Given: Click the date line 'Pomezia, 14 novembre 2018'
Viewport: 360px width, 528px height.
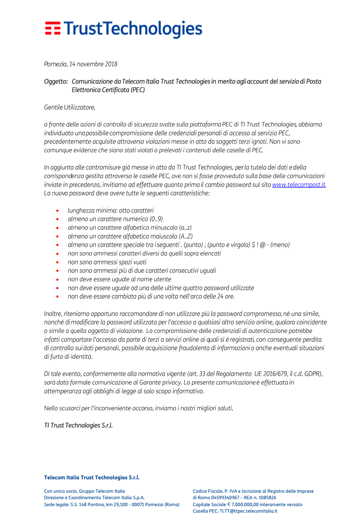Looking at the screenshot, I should click(80, 64).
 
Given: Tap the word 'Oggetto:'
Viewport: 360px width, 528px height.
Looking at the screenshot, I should click(56, 81).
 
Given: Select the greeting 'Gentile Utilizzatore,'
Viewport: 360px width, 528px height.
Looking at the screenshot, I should click(69, 107).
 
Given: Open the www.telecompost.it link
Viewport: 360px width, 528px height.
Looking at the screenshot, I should click(299, 184).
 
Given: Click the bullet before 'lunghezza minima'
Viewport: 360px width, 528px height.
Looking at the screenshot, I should click(58, 210).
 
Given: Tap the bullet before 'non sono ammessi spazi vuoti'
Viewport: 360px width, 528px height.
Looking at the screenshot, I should click(58, 262).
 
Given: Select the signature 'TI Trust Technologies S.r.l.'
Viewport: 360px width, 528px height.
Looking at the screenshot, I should click(78, 425).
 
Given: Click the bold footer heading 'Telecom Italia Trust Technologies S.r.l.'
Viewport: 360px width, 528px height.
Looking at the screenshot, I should click(92, 477).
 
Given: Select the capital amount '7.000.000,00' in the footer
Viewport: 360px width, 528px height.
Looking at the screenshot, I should click(248, 504).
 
